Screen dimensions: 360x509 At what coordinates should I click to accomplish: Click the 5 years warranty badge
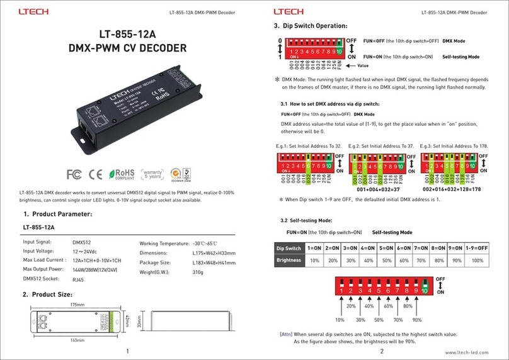click(x=152, y=174)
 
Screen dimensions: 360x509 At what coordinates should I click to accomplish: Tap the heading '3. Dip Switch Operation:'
click(x=310, y=26)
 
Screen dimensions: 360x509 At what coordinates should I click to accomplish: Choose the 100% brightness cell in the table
click(x=478, y=260)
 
